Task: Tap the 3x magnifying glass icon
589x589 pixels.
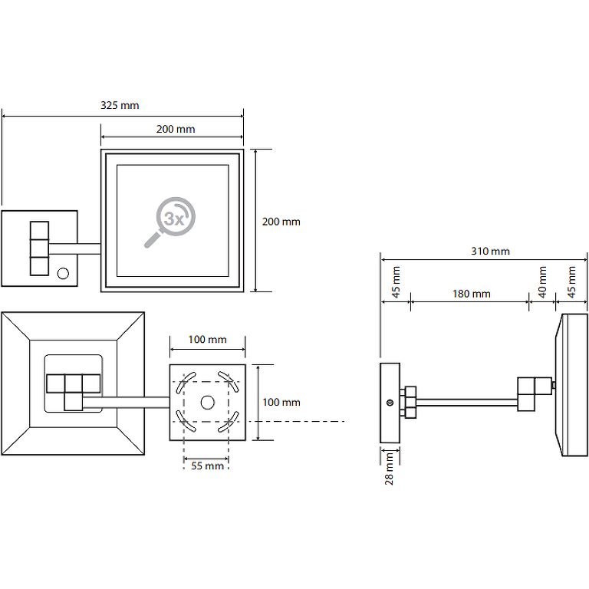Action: (169, 222)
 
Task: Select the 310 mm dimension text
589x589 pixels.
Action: (490, 251)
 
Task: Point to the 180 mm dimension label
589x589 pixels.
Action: (470, 294)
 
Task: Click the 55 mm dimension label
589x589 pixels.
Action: (207, 466)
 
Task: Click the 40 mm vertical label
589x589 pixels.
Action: (542, 281)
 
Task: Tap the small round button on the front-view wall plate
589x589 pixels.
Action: (64, 272)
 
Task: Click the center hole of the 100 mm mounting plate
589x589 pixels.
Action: (207, 403)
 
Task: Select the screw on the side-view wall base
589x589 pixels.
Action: (390, 402)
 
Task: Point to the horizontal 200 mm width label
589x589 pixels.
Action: (176, 129)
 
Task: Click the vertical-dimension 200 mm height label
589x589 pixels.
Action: (281, 222)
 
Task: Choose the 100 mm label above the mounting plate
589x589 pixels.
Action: (208, 339)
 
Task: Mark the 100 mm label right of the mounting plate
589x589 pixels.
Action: (281, 402)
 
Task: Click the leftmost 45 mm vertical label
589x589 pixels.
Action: (396, 281)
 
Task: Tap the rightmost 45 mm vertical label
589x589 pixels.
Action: (571, 281)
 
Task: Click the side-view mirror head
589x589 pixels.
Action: (570, 384)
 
